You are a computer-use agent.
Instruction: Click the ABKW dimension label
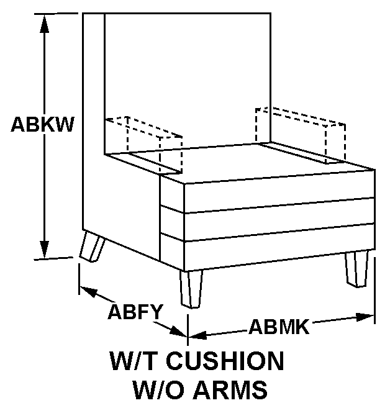point(42,124)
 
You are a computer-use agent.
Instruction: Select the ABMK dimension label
point(278,325)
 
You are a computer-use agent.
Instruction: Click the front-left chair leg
point(191,288)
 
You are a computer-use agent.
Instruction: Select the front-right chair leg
point(357,268)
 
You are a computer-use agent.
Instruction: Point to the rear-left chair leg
point(93,247)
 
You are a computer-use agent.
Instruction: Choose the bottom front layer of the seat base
point(279,255)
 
